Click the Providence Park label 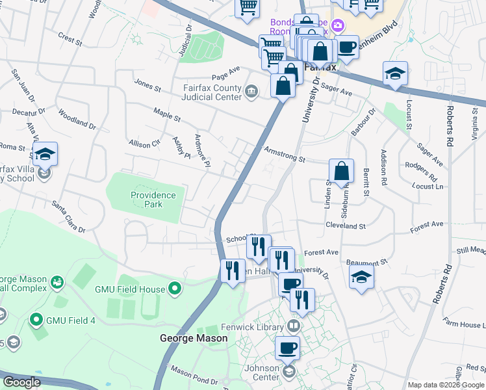(153, 200)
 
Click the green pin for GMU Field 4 (36, 320)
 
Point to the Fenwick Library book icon (294, 326)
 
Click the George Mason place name (194, 338)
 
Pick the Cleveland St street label (345, 226)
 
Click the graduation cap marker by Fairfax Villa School (45, 154)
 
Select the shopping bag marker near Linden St (341, 172)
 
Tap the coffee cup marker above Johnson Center (287, 348)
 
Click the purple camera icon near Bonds (337, 26)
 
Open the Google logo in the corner (21, 382)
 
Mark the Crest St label (70, 40)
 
